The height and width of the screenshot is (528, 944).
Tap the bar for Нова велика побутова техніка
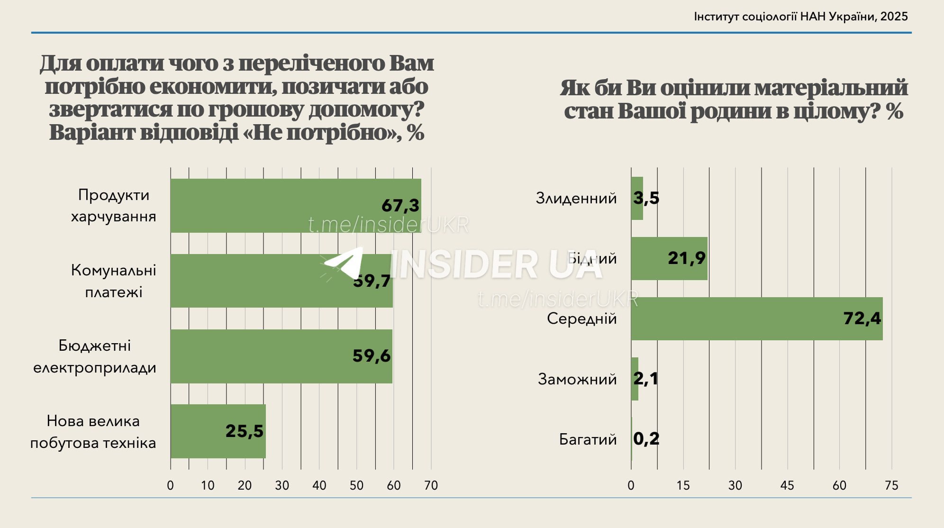(218, 431)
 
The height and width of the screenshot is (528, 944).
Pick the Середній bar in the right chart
(756, 319)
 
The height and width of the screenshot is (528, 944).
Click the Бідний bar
(669, 258)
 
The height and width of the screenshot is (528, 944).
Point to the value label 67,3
(400, 205)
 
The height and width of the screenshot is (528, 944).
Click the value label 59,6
(372, 356)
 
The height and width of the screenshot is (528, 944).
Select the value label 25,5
(244, 431)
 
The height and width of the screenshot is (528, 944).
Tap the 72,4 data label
(862, 319)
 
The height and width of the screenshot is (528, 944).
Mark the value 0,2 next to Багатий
(646, 439)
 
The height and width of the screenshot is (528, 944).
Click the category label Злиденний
(576, 198)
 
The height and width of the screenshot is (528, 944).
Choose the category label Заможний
(577, 379)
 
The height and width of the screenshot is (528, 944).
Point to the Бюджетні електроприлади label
(95, 356)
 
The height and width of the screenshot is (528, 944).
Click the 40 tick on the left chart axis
(319, 485)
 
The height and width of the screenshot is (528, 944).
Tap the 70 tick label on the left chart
(431, 485)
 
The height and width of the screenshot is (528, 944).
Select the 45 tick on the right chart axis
(787, 485)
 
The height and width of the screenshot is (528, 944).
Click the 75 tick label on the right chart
(891, 485)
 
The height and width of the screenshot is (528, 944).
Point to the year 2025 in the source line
(894, 17)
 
